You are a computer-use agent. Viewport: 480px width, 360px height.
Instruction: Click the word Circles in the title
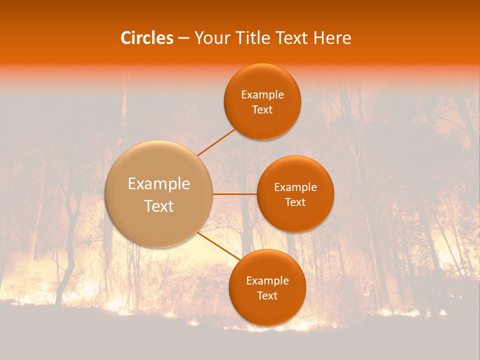(x=147, y=38)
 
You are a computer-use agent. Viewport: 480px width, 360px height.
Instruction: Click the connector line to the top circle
(x=216, y=142)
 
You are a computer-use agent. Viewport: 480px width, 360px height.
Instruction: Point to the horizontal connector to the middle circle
(x=234, y=194)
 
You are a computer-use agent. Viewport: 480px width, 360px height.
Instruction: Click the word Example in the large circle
(x=159, y=184)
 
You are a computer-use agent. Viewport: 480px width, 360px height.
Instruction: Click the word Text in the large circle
(x=159, y=206)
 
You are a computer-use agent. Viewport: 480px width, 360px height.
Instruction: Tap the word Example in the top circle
(x=262, y=95)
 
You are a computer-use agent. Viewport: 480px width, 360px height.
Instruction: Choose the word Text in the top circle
(x=262, y=110)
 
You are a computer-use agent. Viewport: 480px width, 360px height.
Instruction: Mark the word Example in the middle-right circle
(x=295, y=187)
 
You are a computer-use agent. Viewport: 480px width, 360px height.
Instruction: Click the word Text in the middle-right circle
(x=295, y=202)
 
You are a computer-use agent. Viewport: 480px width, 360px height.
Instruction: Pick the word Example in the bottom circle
(x=267, y=281)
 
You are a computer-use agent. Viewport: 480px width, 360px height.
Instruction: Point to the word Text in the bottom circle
(x=267, y=296)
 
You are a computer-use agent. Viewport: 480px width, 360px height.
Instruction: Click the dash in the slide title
(x=183, y=38)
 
